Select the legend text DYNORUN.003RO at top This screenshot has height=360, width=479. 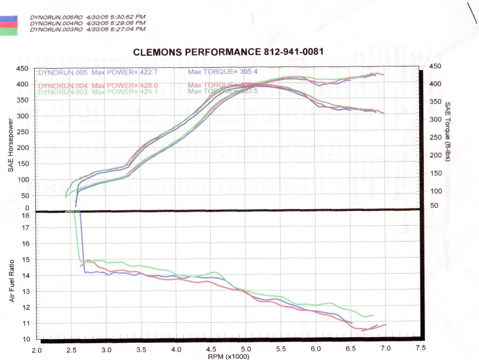coord(56,29)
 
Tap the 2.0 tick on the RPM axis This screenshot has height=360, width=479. coord(37,347)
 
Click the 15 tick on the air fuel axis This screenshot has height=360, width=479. coord(25,260)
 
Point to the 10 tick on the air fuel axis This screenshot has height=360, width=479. coord(25,339)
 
